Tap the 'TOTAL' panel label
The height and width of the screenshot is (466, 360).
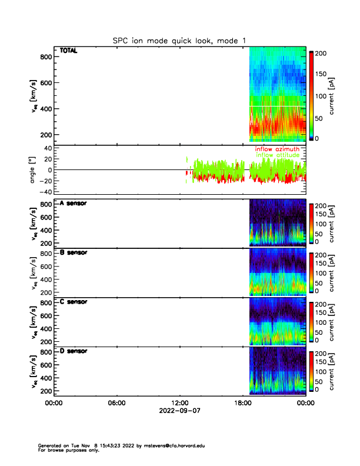pyautogui.click(x=69, y=52)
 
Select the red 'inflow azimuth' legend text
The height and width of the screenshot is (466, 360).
pyautogui.click(x=277, y=149)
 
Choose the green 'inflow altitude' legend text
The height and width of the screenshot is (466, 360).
pyautogui.click(x=277, y=155)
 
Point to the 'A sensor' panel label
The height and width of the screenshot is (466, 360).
pyautogui.click(x=74, y=203)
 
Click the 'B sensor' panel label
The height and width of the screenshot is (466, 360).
pyautogui.click(x=74, y=252)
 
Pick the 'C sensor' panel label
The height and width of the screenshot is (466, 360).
pyautogui.click(x=74, y=302)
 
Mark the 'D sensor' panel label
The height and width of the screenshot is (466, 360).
pyautogui.click(x=74, y=351)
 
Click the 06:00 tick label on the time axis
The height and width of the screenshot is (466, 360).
pyautogui.click(x=116, y=403)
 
